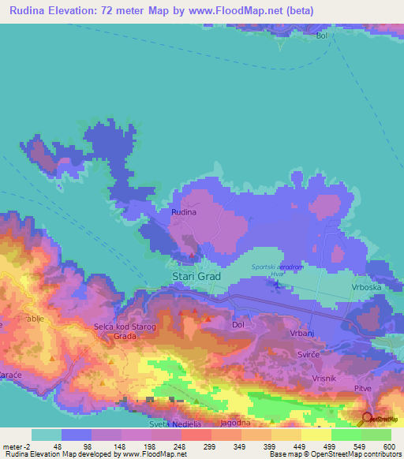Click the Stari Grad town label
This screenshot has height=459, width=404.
point(196,277)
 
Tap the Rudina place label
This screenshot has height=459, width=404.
point(183,212)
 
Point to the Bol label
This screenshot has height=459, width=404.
point(321,35)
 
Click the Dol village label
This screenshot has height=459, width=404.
point(239,324)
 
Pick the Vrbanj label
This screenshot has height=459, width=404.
point(302,334)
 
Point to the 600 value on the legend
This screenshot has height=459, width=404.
point(387,446)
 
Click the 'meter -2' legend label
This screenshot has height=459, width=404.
point(17,446)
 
